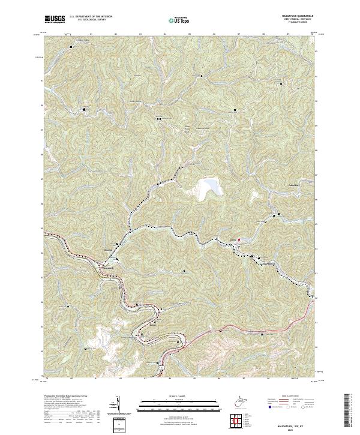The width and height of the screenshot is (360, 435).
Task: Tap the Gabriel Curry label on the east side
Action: [278, 187]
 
